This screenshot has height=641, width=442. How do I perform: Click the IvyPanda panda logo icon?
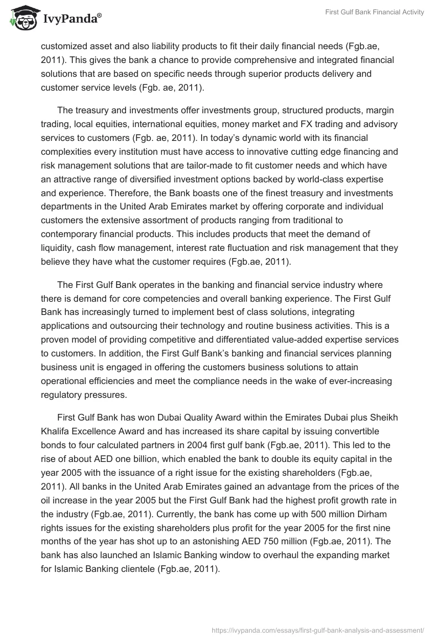click(22, 19)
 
